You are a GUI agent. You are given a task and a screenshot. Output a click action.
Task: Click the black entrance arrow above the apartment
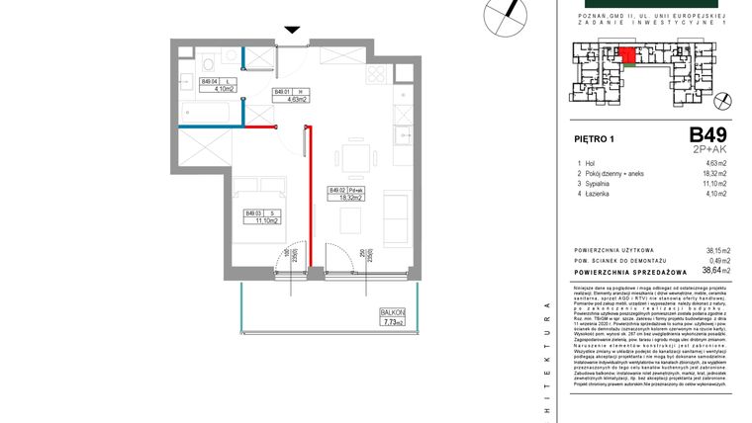coord(291,31)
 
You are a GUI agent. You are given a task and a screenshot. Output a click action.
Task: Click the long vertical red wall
coord(309,194)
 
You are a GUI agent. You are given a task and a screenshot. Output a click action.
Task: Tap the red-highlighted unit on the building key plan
coord(627,55)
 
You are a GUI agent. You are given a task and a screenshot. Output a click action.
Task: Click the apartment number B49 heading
coord(707,135)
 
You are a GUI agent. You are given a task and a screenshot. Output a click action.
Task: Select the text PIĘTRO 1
coord(594,140)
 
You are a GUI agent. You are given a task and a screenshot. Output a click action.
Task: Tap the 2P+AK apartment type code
coord(709,149)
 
